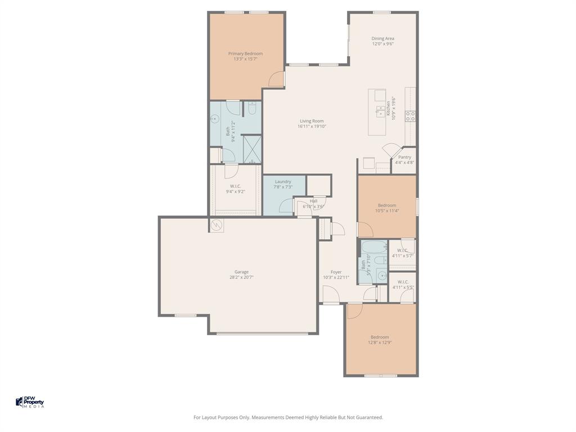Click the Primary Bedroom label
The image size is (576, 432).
[x=245, y=53]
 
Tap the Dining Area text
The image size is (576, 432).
[x=382, y=38]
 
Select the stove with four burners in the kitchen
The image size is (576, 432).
[x=411, y=116]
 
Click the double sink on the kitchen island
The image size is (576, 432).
[x=381, y=110]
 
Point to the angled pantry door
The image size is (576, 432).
[x=390, y=151]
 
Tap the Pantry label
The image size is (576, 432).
[x=404, y=157]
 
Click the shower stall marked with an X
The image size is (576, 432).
[x=251, y=150]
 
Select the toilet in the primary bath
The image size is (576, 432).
[x=251, y=108]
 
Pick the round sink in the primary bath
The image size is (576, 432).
[x=214, y=119]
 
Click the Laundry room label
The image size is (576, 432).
[x=283, y=182]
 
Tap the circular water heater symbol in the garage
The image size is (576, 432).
[x=217, y=225]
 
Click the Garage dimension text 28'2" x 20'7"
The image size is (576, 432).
[x=241, y=277]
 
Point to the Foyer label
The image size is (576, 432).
[x=336, y=272]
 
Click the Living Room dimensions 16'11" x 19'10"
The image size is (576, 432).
[x=312, y=127]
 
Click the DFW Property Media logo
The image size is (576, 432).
[x=29, y=402]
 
